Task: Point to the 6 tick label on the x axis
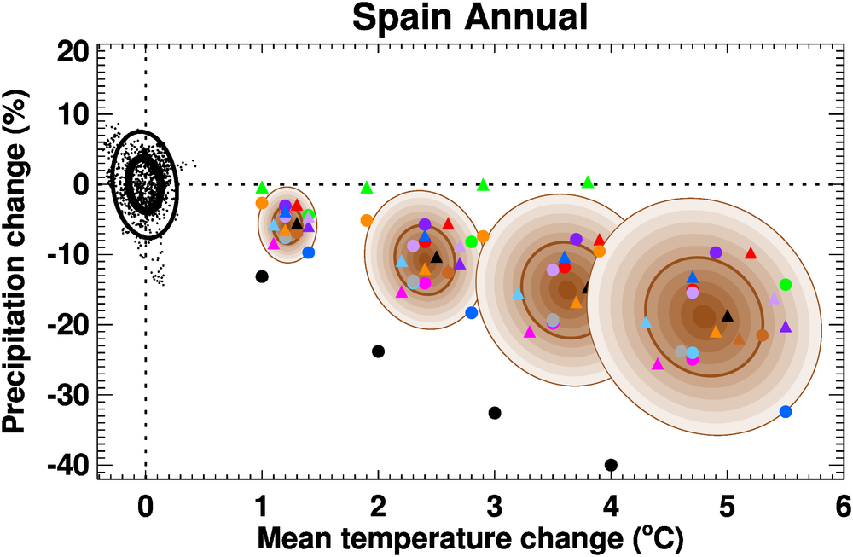click(x=843, y=506)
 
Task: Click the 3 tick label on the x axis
click(x=494, y=506)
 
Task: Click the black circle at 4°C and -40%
click(x=611, y=465)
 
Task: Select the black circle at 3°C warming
click(x=495, y=413)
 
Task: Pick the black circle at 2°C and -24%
click(x=379, y=351)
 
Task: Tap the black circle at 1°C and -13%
click(x=262, y=276)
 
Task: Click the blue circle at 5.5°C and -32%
click(x=786, y=412)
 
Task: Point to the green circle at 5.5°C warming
click(x=786, y=285)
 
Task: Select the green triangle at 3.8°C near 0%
click(x=588, y=182)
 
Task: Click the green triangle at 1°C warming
click(x=262, y=188)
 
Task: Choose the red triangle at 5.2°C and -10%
click(x=751, y=253)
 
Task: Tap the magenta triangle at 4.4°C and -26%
click(x=658, y=364)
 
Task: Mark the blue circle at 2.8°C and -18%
click(x=472, y=313)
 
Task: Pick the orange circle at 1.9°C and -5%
click(x=367, y=220)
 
